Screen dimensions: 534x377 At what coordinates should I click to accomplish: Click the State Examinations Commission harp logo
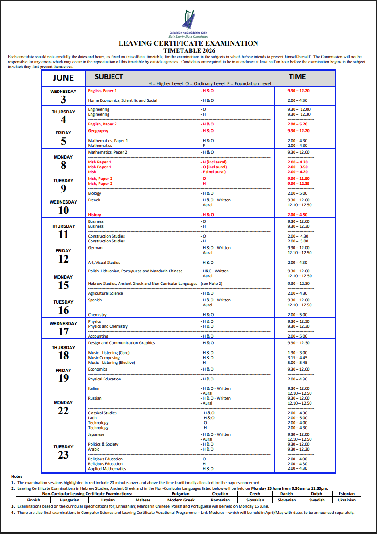188,20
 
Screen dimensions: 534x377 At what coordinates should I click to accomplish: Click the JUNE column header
63,77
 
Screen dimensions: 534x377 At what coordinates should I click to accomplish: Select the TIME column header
297,76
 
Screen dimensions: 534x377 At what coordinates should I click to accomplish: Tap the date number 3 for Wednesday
63,100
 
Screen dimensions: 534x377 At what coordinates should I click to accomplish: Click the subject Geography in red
98,131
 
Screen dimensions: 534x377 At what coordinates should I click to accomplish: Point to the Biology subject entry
95,193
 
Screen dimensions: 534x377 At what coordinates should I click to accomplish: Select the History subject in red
95,215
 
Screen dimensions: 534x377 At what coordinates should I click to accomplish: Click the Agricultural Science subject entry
105,293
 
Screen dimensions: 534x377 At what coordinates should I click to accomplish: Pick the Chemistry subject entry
97,315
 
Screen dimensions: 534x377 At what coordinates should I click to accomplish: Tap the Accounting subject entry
98,336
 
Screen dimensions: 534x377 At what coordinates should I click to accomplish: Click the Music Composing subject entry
104,358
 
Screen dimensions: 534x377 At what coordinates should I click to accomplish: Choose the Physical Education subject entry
104,379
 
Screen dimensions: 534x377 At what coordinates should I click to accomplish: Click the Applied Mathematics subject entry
107,469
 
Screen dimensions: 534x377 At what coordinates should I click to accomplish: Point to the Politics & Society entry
103,444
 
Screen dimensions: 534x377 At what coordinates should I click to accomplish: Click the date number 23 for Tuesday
63,455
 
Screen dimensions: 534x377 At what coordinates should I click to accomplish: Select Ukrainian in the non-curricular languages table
346,500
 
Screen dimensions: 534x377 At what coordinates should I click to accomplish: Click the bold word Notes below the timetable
17,476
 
